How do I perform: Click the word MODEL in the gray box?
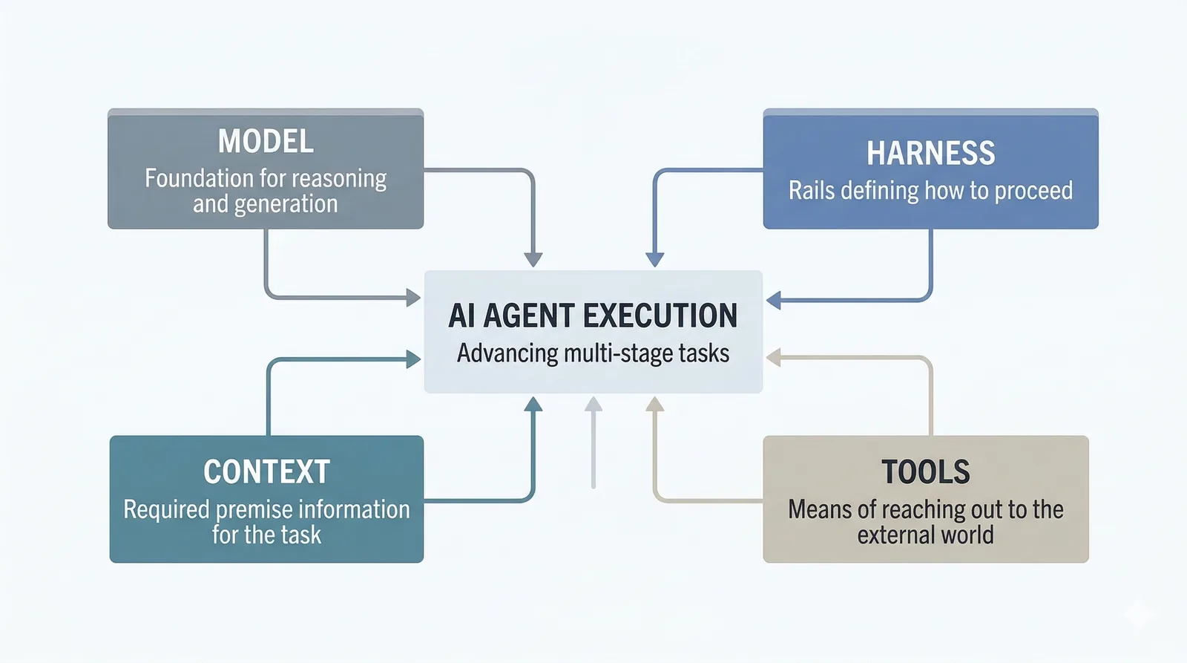point(266,141)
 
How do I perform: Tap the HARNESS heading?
point(930,154)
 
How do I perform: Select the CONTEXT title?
point(266,472)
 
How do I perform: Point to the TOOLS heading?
point(925,472)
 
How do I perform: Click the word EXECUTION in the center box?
point(660,316)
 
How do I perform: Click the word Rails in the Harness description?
point(812,191)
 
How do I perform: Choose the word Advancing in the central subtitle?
point(507,353)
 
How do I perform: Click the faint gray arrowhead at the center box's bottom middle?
point(593,404)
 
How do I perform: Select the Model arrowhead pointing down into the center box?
point(533,259)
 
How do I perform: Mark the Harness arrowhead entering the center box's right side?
point(773,301)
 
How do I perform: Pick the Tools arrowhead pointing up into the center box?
point(654,405)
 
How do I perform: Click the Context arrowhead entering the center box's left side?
point(413,359)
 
